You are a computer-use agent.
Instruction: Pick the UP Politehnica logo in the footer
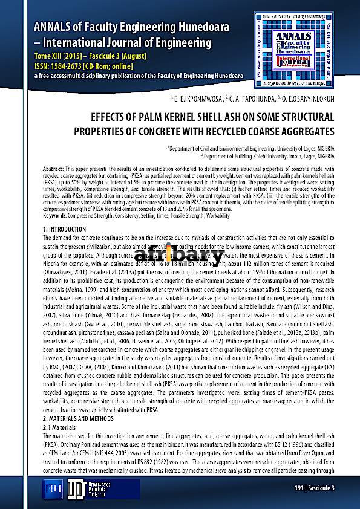(76, 488)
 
